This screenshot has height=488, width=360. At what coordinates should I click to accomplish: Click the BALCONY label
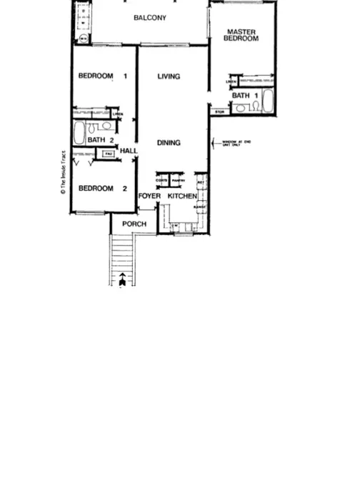click(150, 18)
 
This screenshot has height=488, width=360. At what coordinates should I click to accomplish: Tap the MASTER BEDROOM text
click(241, 35)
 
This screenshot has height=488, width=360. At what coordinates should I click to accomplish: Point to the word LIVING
click(169, 76)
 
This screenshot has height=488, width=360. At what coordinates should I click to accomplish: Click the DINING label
click(169, 143)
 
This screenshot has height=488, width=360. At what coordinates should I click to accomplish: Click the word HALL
click(129, 151)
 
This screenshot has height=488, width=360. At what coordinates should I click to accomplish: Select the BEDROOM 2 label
click(96, 189)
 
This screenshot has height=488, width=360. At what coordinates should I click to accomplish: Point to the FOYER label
click(149, 196)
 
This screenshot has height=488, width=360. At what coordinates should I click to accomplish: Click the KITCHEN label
click(182, 196)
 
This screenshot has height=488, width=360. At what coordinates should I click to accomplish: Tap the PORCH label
click(134, 224)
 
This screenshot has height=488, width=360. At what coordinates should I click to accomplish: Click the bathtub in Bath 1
click(268, 101)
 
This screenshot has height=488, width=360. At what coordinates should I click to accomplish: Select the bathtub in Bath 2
click(79, 132)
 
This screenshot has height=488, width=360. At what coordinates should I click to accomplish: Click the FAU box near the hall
click(109, 154)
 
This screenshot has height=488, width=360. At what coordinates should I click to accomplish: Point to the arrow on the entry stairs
click(124, 279)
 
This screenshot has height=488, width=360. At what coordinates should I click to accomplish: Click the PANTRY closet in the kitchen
click(178, 181)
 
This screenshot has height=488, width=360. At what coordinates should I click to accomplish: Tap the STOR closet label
click(219, 111)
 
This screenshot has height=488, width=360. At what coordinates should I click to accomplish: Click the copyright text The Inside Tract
click(63, 173)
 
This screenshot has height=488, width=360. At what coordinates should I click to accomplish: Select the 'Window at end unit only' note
click(236, 143)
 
